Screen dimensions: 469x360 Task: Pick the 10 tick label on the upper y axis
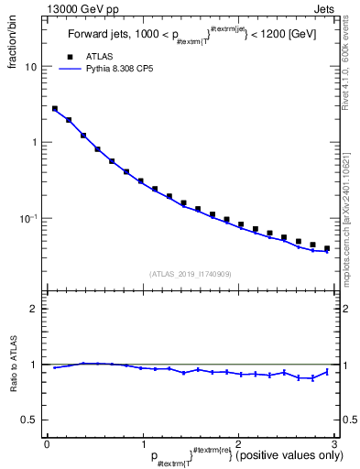tap(31, 67)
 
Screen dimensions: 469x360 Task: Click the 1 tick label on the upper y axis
tap(34, 143)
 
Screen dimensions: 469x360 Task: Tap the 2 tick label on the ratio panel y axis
tap(34, 309)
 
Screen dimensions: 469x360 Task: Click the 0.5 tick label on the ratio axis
tap(29, 420)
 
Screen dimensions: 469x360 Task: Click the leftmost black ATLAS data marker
tap(55, 109)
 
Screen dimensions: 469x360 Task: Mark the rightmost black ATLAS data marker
tap(326, 248)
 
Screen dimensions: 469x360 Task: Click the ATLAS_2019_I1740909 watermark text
tap(190, 274)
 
